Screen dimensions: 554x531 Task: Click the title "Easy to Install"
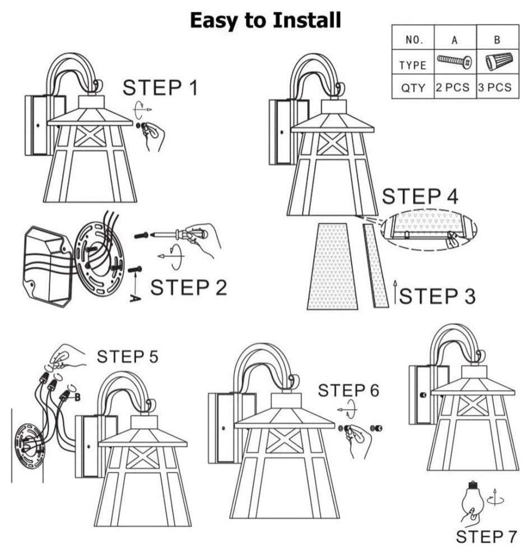pyautogui.click(x=265, y=21)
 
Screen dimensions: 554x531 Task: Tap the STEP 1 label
pyautogui.click(x=160, y=88)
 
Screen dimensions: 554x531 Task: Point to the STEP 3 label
pyautogui.click(x=437, y=296)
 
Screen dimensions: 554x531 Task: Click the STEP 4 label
pyautogui.click(x=420, y=197)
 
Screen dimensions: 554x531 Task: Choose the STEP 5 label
pyautogui.click(x=128, y=356)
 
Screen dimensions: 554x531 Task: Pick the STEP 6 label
pyautogui.click(x=348, y=390)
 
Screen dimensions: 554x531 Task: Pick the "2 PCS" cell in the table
pyautogui.click(x=455, y=88)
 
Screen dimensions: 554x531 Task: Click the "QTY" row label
pyautogui.click(x=413, y=88)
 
